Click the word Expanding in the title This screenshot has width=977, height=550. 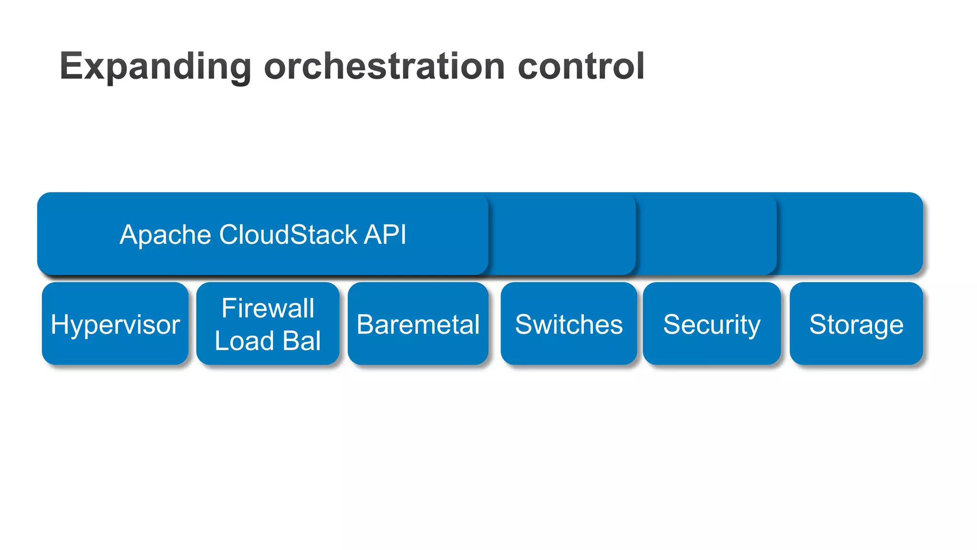coord(155,67)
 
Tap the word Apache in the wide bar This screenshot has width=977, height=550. coord(165,235)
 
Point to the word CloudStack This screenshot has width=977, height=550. coord(288,235)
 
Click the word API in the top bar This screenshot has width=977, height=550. coord(385,235)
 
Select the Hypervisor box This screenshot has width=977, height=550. coord(115,324)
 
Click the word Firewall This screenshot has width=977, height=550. coord(268,308)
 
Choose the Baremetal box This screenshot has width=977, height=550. coord(418,324)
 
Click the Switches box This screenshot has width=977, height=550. coord(569,324)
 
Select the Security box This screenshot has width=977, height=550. coord(711,324)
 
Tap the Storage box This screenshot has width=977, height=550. coord(856,324)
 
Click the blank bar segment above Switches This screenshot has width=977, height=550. coord(563,234)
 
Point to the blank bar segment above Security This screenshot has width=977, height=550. coord(706,234)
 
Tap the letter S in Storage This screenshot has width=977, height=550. coord(819,325)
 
